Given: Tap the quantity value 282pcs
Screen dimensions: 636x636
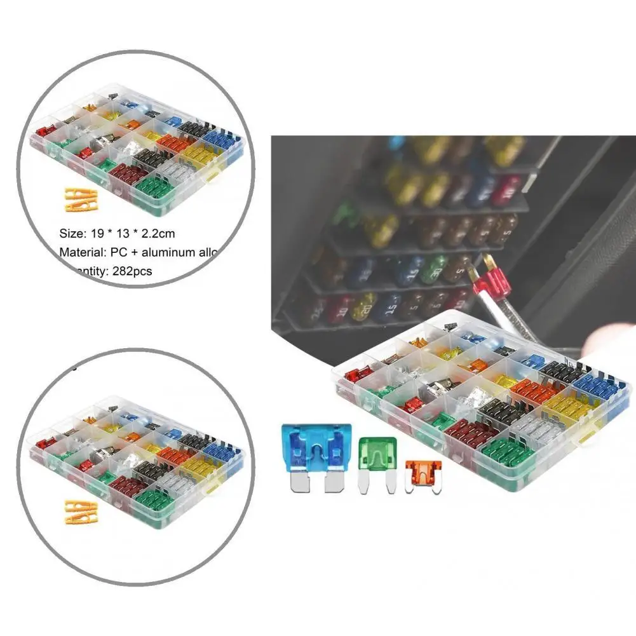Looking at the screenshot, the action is coord(133,271).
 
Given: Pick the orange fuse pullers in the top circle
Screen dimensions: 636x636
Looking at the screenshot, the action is coord(81,199).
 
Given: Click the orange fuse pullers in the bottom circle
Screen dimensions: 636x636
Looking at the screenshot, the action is coord(81,511).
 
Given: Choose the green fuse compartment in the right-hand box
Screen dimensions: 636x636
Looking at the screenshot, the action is coord(508,452).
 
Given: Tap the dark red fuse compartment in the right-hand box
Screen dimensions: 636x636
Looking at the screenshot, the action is coord(471,433).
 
